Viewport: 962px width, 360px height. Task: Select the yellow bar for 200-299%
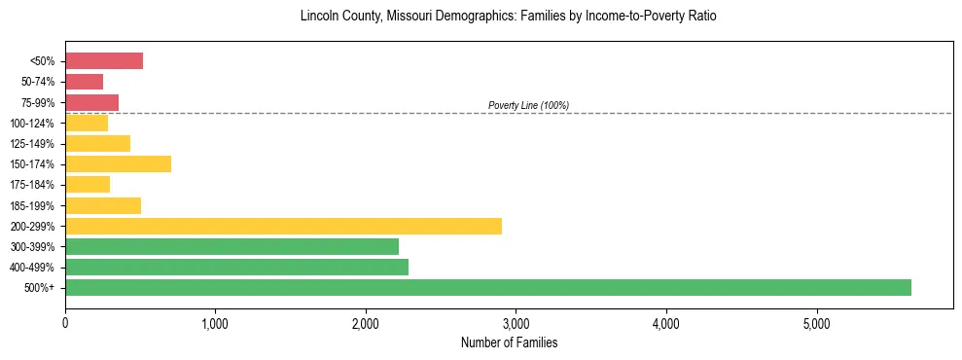point(283,226)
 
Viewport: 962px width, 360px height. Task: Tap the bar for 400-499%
point(236,267)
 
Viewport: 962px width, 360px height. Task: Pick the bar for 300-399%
point(232,246)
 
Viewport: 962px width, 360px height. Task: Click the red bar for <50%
point(104,61)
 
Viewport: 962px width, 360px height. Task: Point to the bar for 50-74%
point(84,82)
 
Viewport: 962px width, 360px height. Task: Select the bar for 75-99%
point(91,102)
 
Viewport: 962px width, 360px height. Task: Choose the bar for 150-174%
point(118,163)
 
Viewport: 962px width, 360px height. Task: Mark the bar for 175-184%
point(88,185)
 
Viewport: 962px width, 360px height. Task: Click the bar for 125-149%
point(97,143)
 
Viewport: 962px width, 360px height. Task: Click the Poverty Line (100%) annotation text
point(528,105)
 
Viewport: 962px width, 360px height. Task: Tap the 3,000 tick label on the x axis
point(516,323)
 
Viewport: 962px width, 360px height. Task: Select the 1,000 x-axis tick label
point(215,323)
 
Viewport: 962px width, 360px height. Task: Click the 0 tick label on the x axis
point(65,323)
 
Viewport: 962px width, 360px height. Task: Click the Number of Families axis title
point(509,342)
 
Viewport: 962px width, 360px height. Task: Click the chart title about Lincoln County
point(509,17)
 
